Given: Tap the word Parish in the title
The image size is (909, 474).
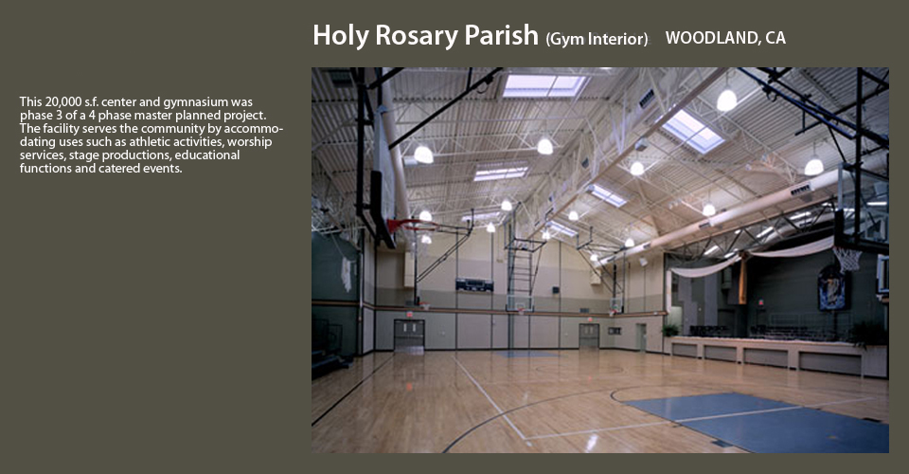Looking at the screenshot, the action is [502, 35].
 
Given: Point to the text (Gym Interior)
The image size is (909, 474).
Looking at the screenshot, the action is [597, 39].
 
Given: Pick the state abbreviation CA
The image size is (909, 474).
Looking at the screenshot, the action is [775, 38].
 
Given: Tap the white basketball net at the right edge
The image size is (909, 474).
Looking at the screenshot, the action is [847, 259].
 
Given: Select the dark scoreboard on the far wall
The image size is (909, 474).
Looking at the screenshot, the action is [474, 284].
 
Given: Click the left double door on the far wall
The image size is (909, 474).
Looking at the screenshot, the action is [409, 335].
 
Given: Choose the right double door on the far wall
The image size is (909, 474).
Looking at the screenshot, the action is [588, 336].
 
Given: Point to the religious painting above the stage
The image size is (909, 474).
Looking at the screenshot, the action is [832, 288].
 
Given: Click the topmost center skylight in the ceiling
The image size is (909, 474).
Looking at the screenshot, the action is [544, 86].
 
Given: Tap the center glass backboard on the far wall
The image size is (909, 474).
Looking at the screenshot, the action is [520, 302].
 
